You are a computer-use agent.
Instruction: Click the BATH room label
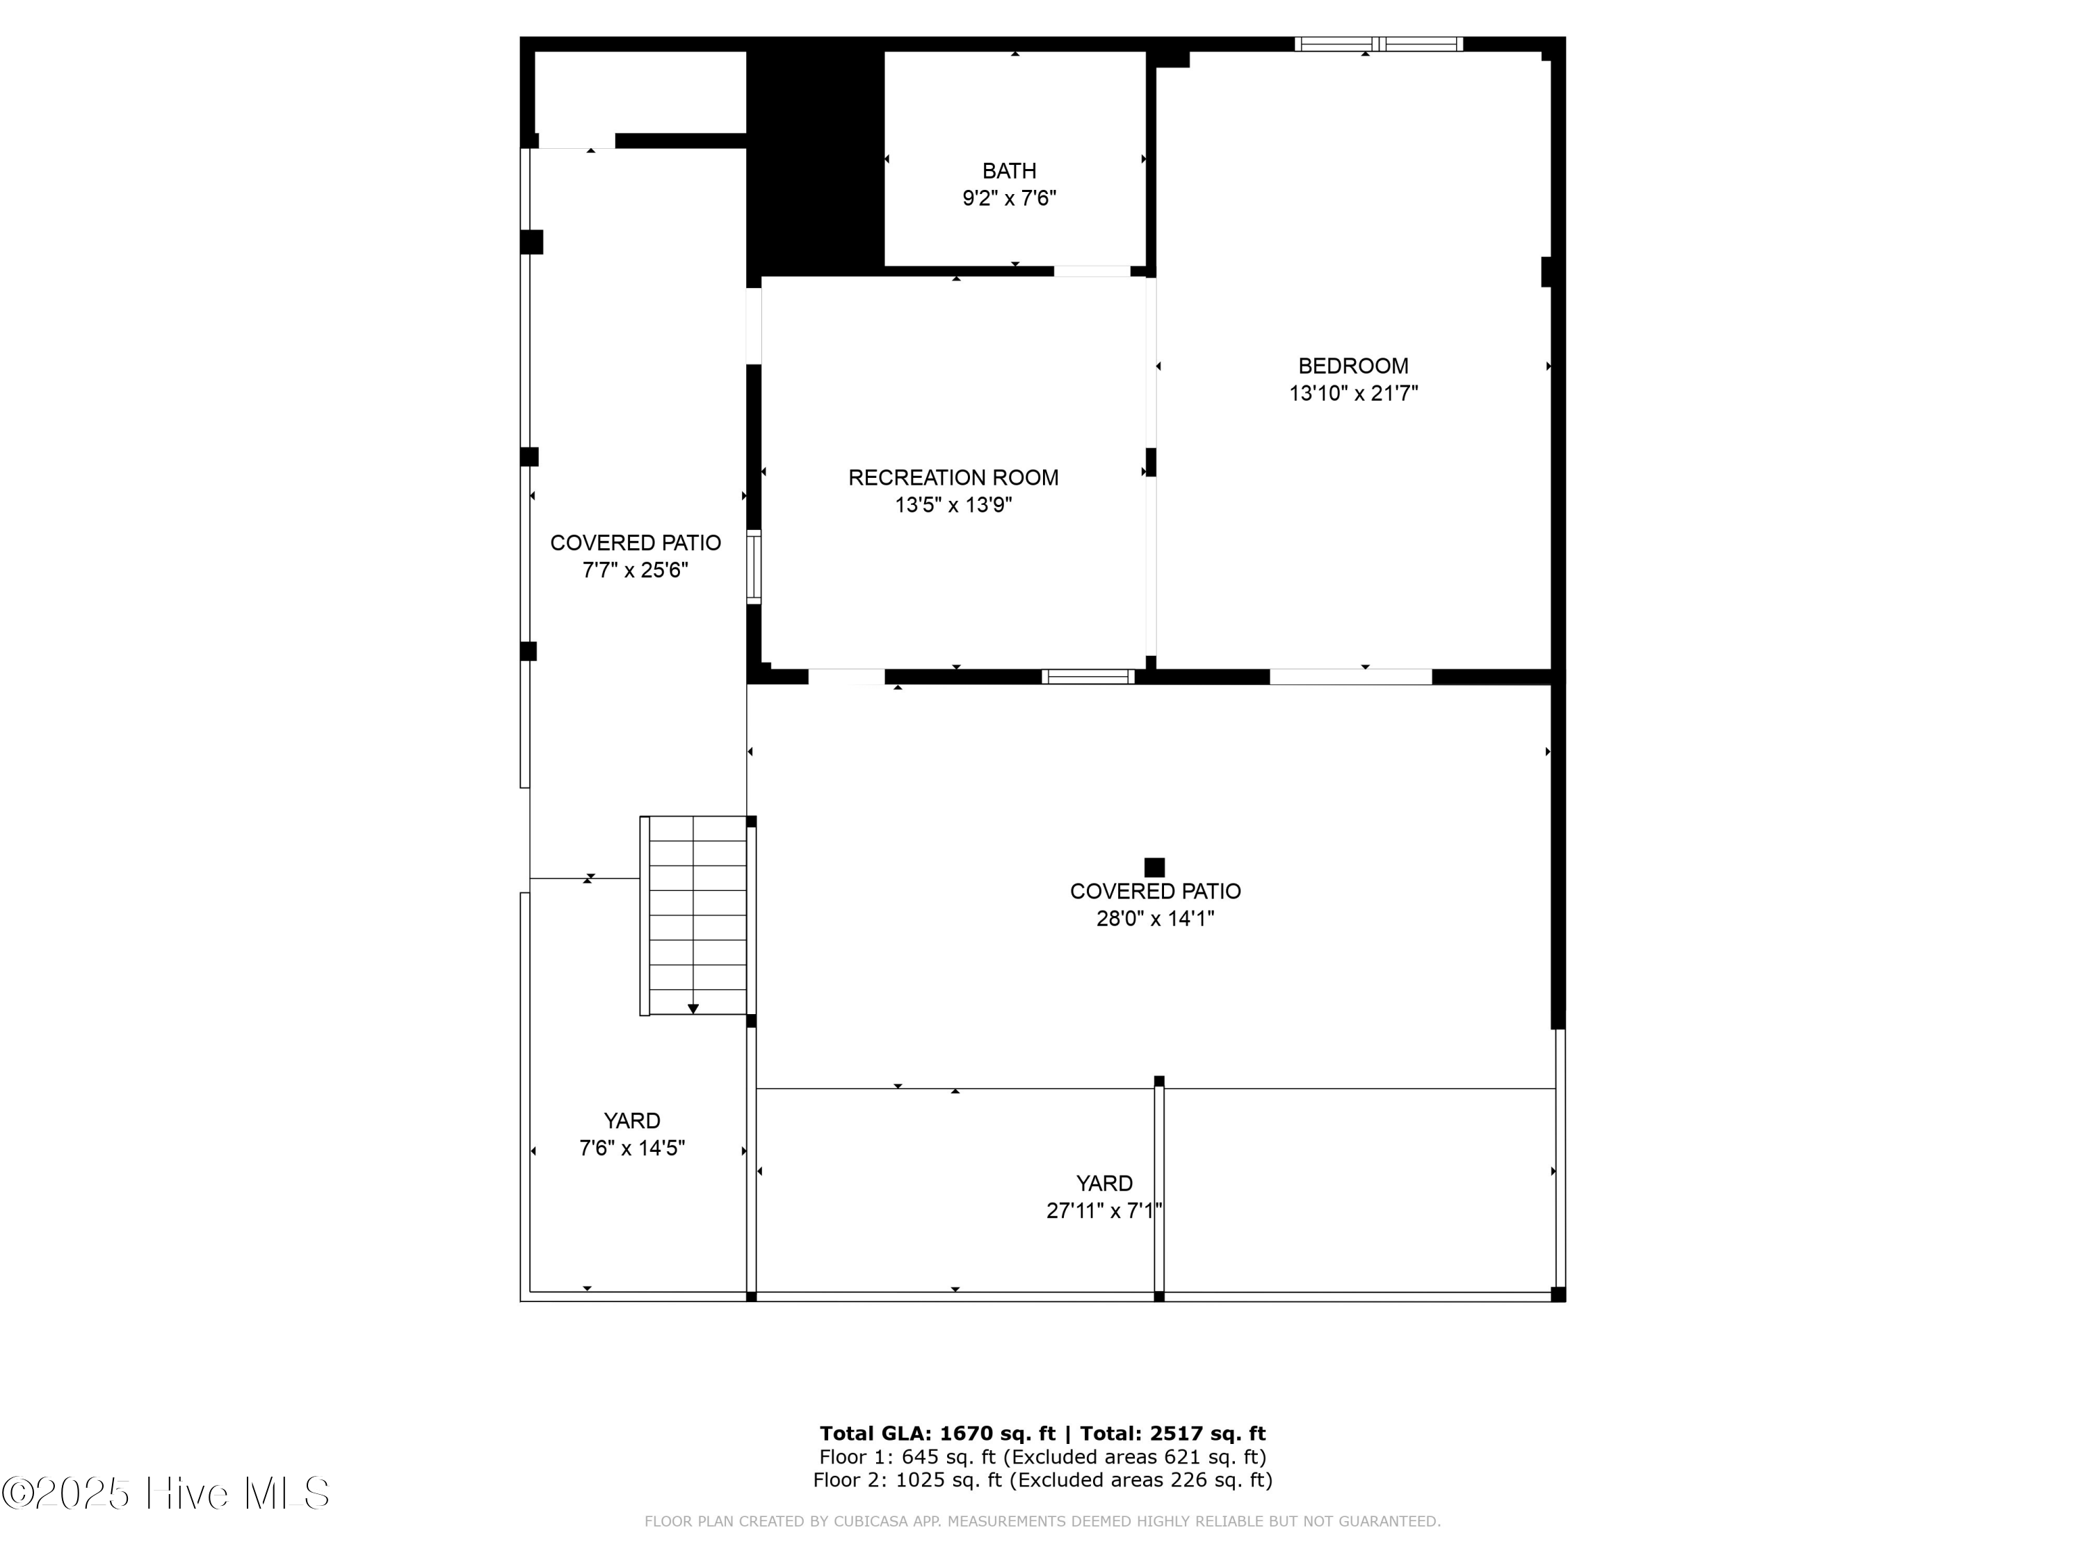(1008, 170)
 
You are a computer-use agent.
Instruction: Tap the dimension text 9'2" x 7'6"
(1008, 198)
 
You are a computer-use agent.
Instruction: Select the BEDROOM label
(1352, 366)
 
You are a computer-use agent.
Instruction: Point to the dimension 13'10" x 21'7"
(1352, 394)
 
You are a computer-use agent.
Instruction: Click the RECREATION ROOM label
(953, 477)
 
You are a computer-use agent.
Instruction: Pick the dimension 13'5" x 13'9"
(953, 505)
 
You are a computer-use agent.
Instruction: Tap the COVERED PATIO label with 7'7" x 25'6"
(635, 543)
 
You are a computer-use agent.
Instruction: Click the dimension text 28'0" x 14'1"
(1154, 918)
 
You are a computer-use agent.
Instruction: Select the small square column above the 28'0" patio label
(1154, 867)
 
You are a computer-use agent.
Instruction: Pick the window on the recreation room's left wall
(754, 566)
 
